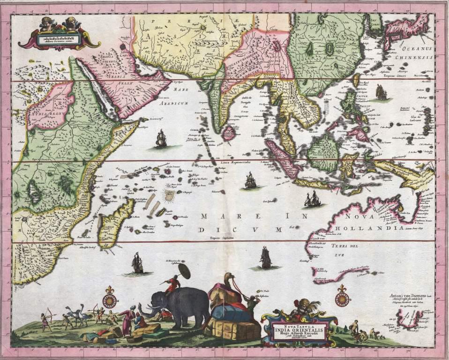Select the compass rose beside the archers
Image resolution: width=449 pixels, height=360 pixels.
[110, 297]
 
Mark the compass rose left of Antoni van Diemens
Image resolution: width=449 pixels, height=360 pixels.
[341, 297]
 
